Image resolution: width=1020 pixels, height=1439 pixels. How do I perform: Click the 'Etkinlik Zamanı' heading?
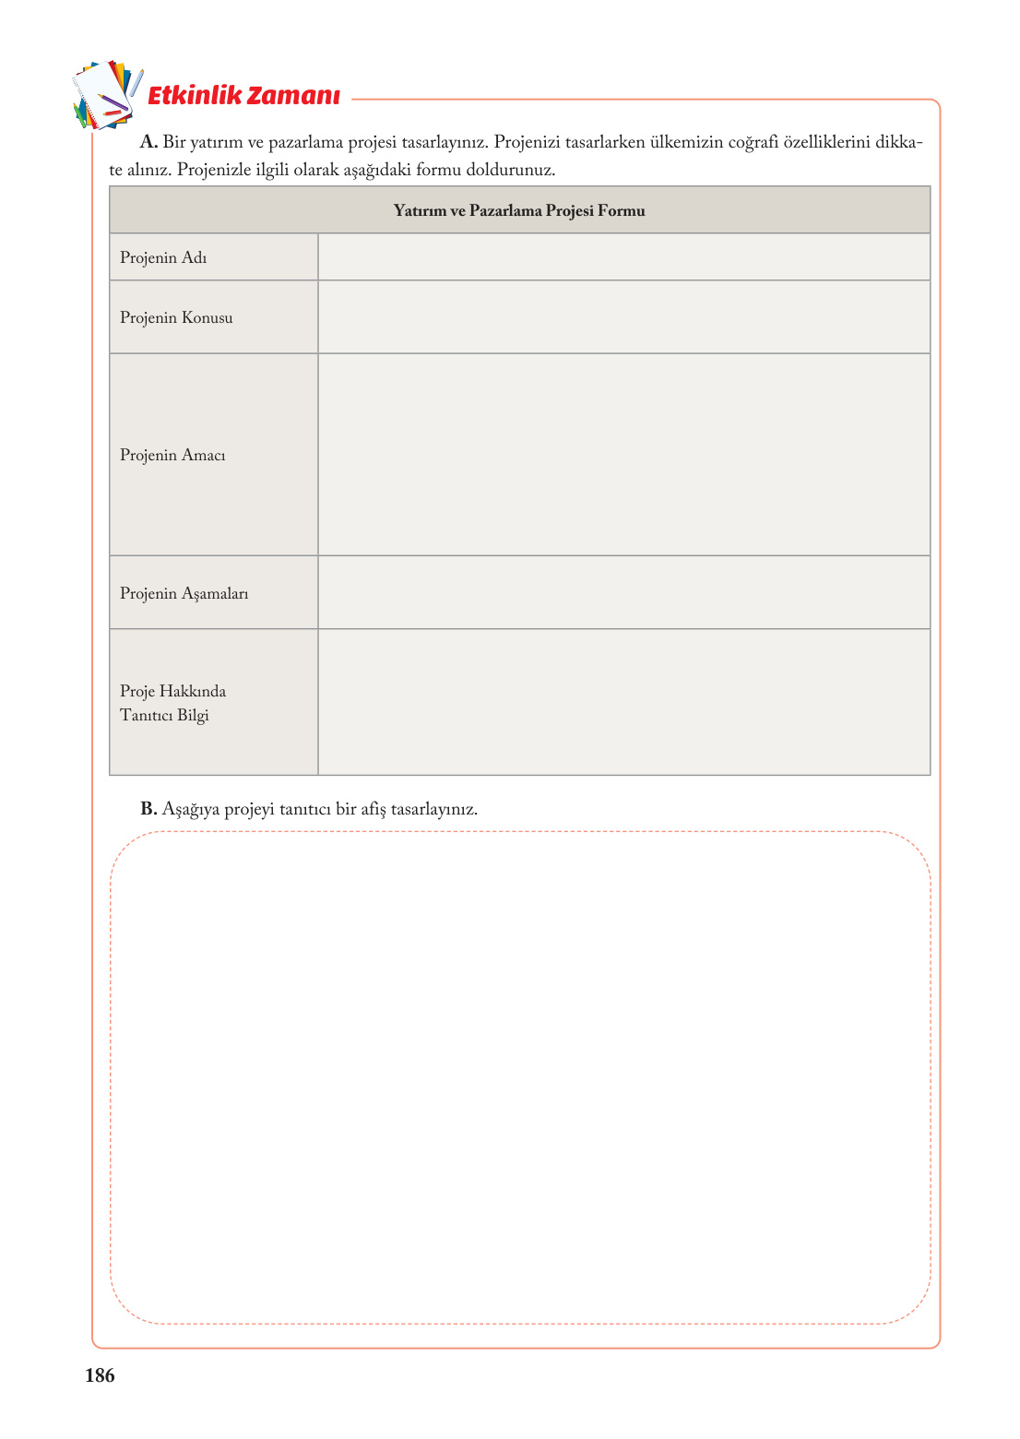[243, 95]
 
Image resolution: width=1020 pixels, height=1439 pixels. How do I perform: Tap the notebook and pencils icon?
[104, 94]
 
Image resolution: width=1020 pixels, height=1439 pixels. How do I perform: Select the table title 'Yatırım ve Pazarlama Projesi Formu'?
[519, 210]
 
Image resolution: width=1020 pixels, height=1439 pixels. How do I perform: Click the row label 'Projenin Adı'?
[163, 257]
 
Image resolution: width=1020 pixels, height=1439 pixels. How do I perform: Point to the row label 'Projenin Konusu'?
[176, 317]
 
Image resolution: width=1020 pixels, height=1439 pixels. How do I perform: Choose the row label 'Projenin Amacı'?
[172, 455]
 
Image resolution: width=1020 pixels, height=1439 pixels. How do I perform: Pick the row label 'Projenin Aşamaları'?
[184, 593]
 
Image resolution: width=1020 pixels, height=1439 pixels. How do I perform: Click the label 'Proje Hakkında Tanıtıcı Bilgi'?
[172, 703]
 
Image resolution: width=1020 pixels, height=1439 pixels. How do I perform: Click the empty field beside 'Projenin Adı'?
[623, 257]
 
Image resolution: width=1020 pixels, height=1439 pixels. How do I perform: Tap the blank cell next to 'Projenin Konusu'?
[623, 317]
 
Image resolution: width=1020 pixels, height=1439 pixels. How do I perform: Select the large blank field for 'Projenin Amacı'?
[623, 455]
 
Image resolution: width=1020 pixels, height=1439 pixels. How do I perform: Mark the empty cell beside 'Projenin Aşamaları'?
[623, 593]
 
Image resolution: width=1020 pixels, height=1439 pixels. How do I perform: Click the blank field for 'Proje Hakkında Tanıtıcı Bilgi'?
[623, 702]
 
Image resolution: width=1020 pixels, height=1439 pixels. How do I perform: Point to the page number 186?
[100, 1375]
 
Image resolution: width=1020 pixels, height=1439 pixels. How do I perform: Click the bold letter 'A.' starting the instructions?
[148, 142]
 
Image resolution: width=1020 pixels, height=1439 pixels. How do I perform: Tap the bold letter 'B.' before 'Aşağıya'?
[148, 809]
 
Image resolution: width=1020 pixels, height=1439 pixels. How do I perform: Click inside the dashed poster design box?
[520, 1077]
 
